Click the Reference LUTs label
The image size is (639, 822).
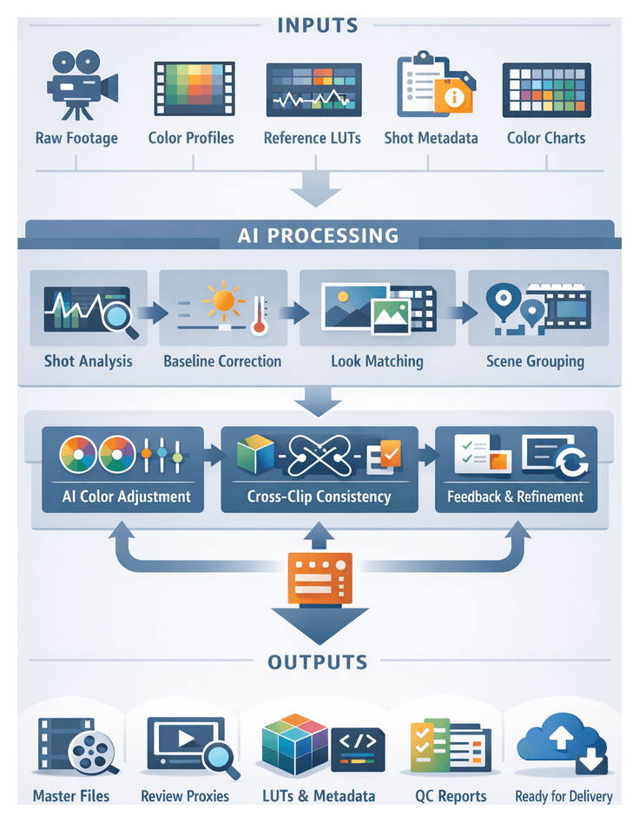313,138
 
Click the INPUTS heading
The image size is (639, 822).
319,25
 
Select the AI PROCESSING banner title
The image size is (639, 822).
319,235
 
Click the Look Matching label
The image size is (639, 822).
377,361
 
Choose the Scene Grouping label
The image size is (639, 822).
535,361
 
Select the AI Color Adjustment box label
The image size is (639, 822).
127,497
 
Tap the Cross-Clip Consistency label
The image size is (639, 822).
319,497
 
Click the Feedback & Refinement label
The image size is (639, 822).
516,497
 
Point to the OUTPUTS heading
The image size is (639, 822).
319,663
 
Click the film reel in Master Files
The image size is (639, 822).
89,753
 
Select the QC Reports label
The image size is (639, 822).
447,796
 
